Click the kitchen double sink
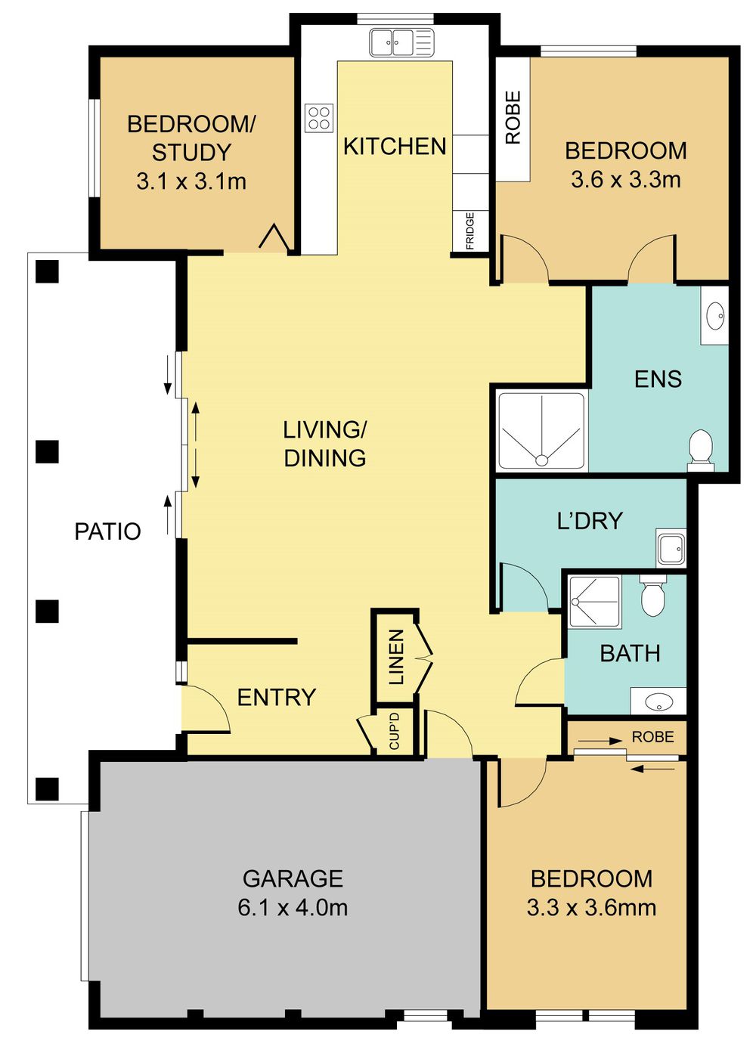click(x=401, y=42)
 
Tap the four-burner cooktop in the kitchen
click(x=319, y=118)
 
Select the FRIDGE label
click(x=470, y=231)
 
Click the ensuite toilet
click(x=701, y=449)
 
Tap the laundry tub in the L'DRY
click(x=671, y=548)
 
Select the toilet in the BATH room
click(x=652, y=596)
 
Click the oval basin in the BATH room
click(x=658, y=701)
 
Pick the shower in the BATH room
click(x=594, y=602)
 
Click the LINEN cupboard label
click(x=396, y=657)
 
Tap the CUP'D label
click(x=394, y=731)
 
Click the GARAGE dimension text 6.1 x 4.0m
click(x=293, y=907)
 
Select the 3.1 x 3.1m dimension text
click(x=191, y=181)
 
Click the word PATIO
click(x=107, y=531)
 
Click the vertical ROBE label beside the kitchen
click(x=513, y=118)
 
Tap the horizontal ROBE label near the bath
click(x=652, y=737)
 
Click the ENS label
click(x=658, y=379)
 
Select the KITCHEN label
click(x=395, y=147)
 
